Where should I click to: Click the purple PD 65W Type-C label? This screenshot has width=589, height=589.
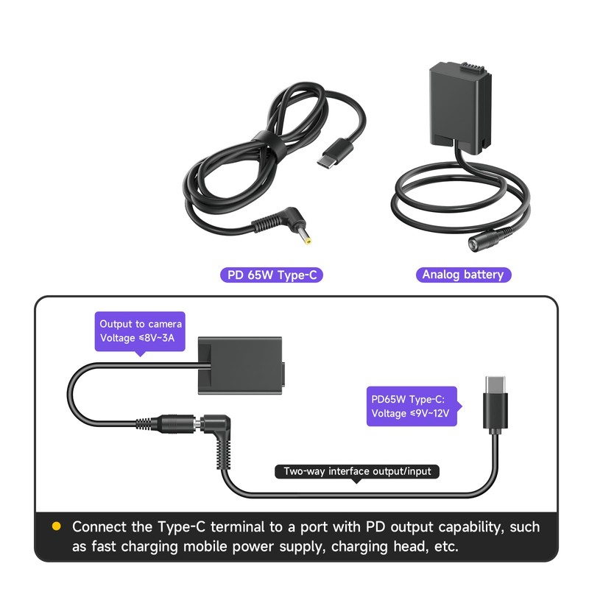[272, 275]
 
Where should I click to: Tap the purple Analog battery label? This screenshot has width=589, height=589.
[463, 275]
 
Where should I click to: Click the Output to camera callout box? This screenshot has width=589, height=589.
[141, 331]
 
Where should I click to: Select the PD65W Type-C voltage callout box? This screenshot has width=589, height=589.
[413, 406]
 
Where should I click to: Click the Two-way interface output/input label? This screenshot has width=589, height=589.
[358, 471]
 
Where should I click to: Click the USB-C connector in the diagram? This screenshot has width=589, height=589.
[495, 402]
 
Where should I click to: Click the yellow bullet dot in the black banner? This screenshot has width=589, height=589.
[56, 526]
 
